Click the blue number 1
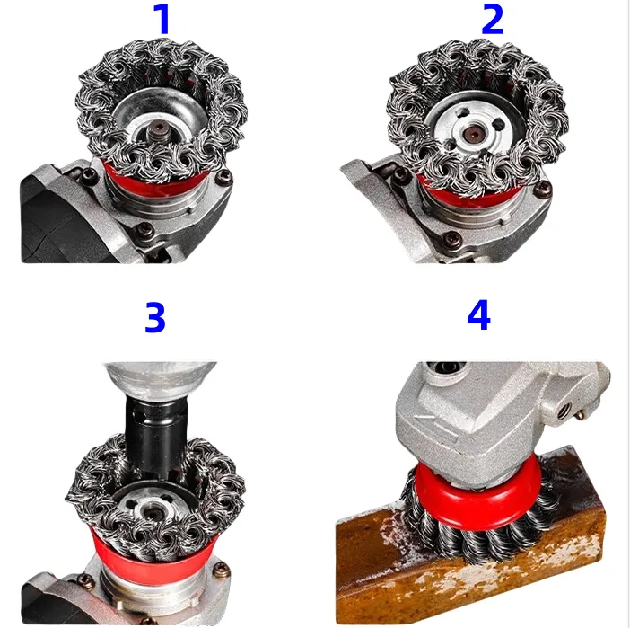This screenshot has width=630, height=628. click(163, 19)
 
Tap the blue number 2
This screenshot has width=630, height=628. click(492, 19)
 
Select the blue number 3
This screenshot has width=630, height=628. click(155, 318)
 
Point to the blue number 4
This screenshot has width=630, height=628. click(478, 315)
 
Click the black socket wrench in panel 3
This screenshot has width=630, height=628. click(156, 436)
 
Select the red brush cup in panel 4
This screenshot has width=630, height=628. click(478, 497)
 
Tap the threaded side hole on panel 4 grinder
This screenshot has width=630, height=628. click(564, 410)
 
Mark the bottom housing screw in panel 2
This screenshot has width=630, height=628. click(451, 239)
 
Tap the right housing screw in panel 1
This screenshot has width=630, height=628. click(224, 176)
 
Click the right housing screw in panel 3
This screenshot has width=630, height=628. click(223, 570)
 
